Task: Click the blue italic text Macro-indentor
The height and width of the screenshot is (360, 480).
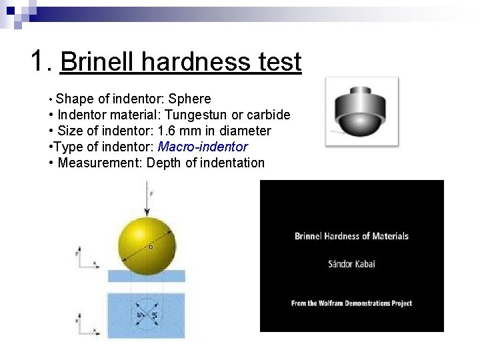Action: (202, 147)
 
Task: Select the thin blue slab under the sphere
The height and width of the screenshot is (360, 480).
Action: (147, 276)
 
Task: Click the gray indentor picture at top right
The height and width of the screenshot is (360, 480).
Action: (362, 111)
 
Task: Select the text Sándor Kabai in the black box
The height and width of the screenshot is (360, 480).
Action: (351, 263)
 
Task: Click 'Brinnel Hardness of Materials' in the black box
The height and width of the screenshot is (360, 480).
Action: (351, 236)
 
